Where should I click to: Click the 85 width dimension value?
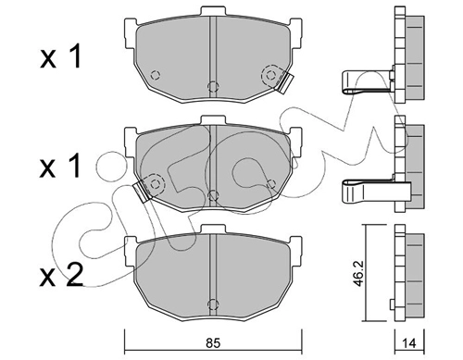tap(213, 343)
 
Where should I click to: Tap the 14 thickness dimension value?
tap(409, 343)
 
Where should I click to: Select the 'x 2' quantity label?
tap(61, 275)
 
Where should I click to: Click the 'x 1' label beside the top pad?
tap(61, 56)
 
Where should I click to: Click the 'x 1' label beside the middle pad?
tap(61, 166)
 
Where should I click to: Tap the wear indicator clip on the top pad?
tap(285, 82)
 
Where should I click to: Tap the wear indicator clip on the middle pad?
tap(142, 192)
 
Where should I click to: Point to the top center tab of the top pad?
tap(213, 11)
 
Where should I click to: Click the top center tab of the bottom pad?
tap(213, 230)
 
